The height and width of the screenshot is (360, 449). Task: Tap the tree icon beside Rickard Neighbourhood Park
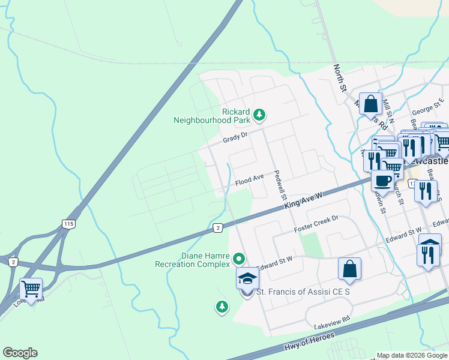259,113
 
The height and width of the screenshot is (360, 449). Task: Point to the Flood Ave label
250,179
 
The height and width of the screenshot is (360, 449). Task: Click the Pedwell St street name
279,185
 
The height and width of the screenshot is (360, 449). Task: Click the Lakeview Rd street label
332,322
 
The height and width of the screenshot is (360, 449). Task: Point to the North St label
340,78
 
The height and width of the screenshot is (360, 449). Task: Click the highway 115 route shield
67,223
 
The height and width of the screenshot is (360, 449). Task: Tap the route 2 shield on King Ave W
218,227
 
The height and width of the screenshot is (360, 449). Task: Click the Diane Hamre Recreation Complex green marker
239,259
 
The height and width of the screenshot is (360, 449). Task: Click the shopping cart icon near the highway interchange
31,289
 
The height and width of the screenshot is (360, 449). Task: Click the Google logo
20,353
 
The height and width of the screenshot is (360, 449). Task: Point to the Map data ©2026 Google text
412,355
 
